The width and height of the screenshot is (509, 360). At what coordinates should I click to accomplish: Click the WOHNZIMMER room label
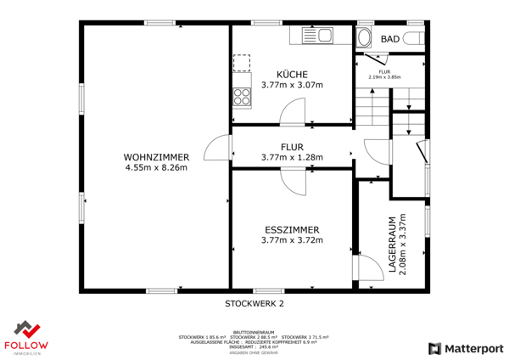pos(155,157)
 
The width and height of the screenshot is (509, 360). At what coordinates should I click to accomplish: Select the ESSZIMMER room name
pos(291,229)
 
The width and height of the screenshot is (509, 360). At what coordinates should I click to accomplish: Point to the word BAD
pos(390,39)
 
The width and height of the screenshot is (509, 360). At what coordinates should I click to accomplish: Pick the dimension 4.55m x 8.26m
pos(155,167)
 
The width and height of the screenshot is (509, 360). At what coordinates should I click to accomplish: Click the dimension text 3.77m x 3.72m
pos(291,240)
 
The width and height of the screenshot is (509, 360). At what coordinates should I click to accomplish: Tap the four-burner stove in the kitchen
pos(242,97)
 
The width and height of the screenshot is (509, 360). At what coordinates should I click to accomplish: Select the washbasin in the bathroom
pos(365,38)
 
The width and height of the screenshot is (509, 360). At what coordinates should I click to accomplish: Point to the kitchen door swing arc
pos(294,110)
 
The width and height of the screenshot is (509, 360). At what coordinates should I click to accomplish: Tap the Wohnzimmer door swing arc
pos(220,147)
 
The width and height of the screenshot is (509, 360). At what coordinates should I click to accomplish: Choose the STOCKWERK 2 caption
pos(254,303)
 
